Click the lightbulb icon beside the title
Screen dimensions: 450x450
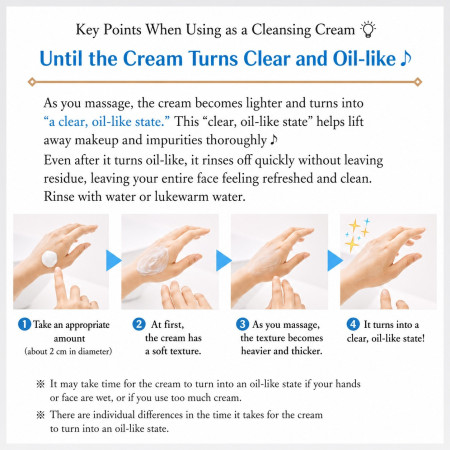click(368, 29)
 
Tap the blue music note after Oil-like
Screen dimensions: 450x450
click(406, 59)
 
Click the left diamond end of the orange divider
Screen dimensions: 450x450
click(32, 82)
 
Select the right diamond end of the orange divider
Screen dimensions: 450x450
click(418, 82)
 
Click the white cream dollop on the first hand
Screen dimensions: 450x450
click(49, 259)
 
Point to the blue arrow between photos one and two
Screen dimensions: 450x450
click(114, 260)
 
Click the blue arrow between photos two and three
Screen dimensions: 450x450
click(224, 260)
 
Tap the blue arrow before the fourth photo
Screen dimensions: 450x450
click(335, 260)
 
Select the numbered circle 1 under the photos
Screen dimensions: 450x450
click(24, 324)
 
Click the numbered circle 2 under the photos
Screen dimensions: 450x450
click(139, 324)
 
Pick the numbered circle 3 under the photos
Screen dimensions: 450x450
click(242, 324)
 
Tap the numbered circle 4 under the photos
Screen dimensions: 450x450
click(353, 324)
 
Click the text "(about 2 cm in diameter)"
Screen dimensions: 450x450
click(68, 351)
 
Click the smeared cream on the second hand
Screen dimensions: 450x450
click(153, 261)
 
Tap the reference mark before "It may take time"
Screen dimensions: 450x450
click(40, 384)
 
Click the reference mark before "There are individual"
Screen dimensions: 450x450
click(40, 415)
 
